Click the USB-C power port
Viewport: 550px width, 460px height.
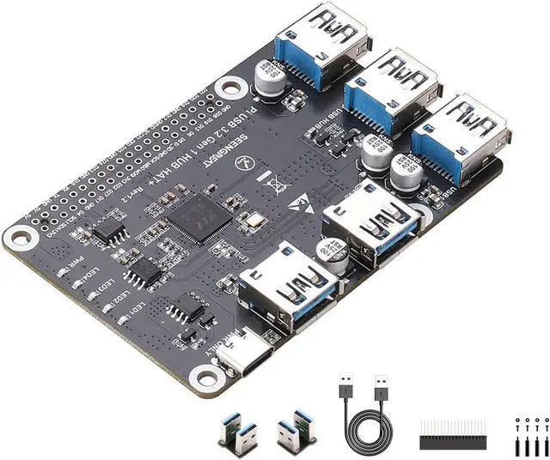tap(245, 351)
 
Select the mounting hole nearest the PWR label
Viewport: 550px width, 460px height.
tap(18, 237)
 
